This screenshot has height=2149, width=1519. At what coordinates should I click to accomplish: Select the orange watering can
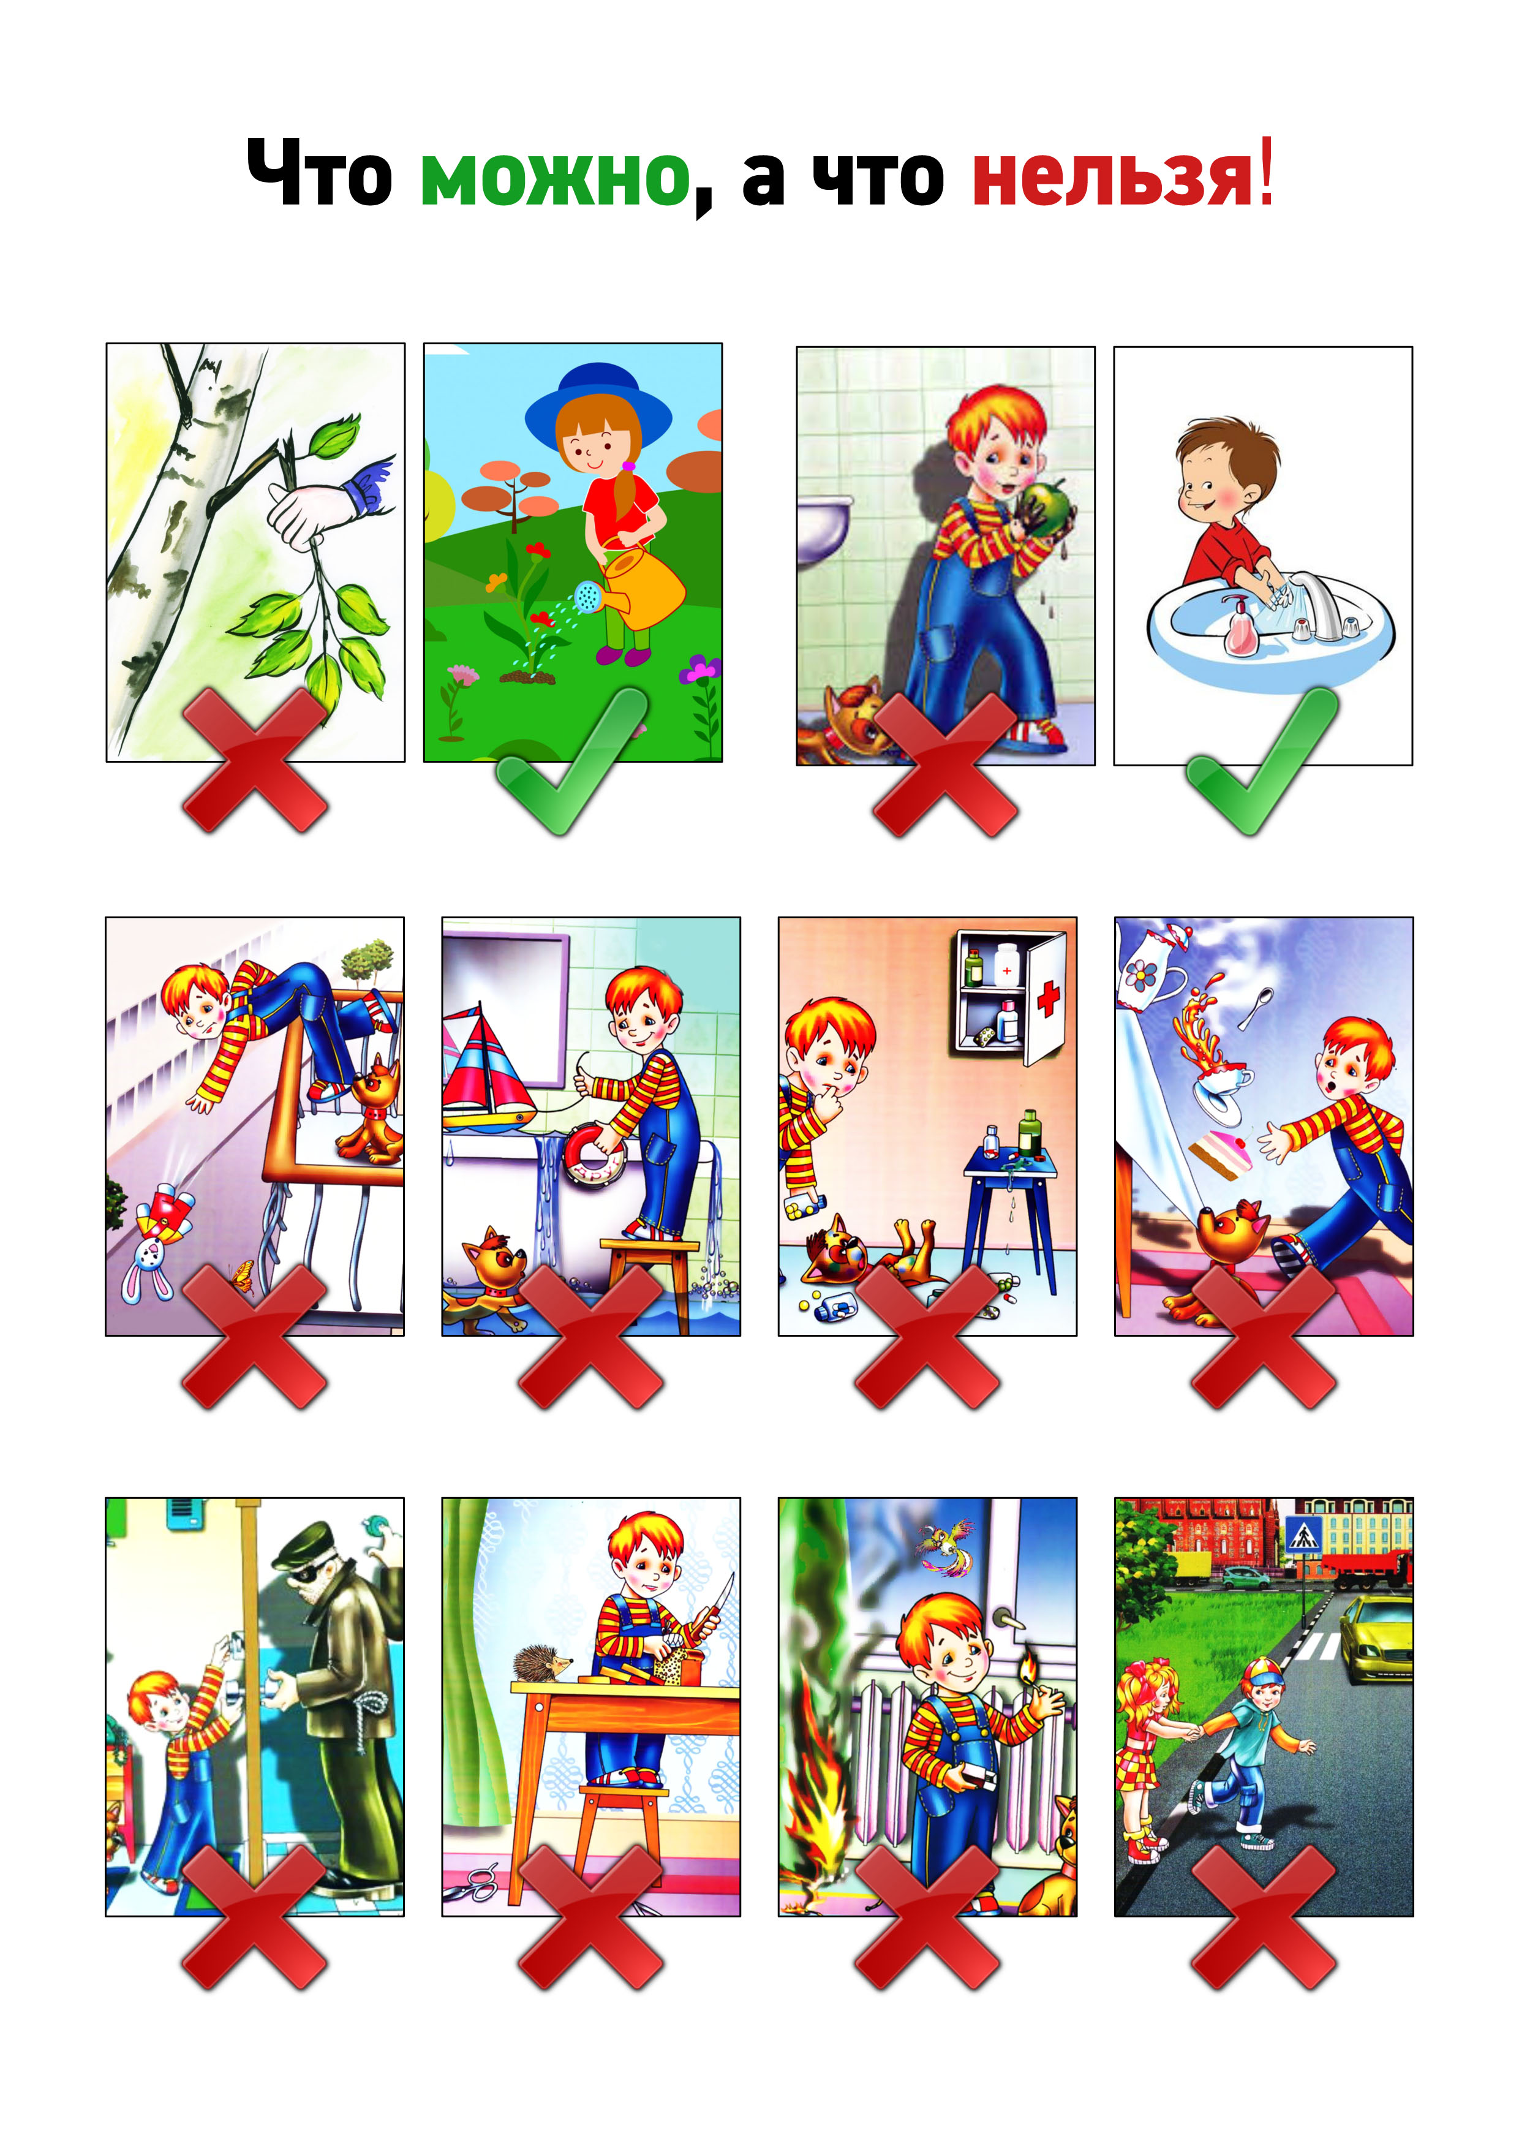636,586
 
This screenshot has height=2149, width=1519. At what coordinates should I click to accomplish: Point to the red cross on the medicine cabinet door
1048,999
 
